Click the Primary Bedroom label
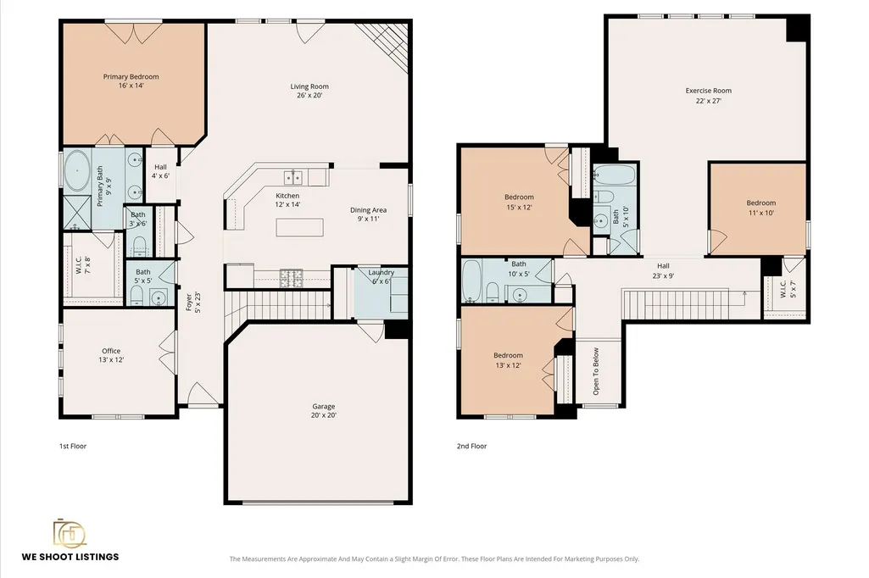click(131, 81)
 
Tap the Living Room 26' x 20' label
click(309, 91)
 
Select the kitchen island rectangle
click(300, 227)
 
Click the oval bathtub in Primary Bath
click(77, 170)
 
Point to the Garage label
click(324, 411)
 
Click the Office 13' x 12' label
click(111, 355)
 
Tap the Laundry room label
click(382, 276)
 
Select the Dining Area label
click(369, 214)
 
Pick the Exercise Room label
click(708, 95)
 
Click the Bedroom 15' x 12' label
click(519, 202)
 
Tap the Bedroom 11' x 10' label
click(761, 208)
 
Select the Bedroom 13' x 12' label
click(508, 360)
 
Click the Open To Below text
click(596, 371)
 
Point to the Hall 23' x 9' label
click(663, 270)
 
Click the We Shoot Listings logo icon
click(70, 532)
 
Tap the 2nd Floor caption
click(471, 446)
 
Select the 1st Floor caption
click(73, 446)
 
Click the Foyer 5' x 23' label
click(192, 302)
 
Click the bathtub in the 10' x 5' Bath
click(471, 281)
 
